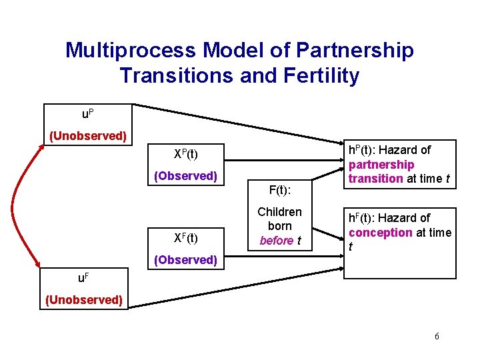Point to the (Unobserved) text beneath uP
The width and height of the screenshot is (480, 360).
point(89,136)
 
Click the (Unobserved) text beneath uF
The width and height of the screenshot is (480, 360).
point(84,300)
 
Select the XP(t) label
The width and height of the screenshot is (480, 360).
point(185,154)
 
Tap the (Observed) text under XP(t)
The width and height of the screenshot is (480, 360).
point(185,176)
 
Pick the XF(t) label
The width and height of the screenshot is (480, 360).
point(185,237)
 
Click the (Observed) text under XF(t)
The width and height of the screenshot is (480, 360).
point(185,259)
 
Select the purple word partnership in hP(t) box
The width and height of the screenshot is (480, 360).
point(381,165)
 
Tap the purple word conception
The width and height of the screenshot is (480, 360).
point(380,233)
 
